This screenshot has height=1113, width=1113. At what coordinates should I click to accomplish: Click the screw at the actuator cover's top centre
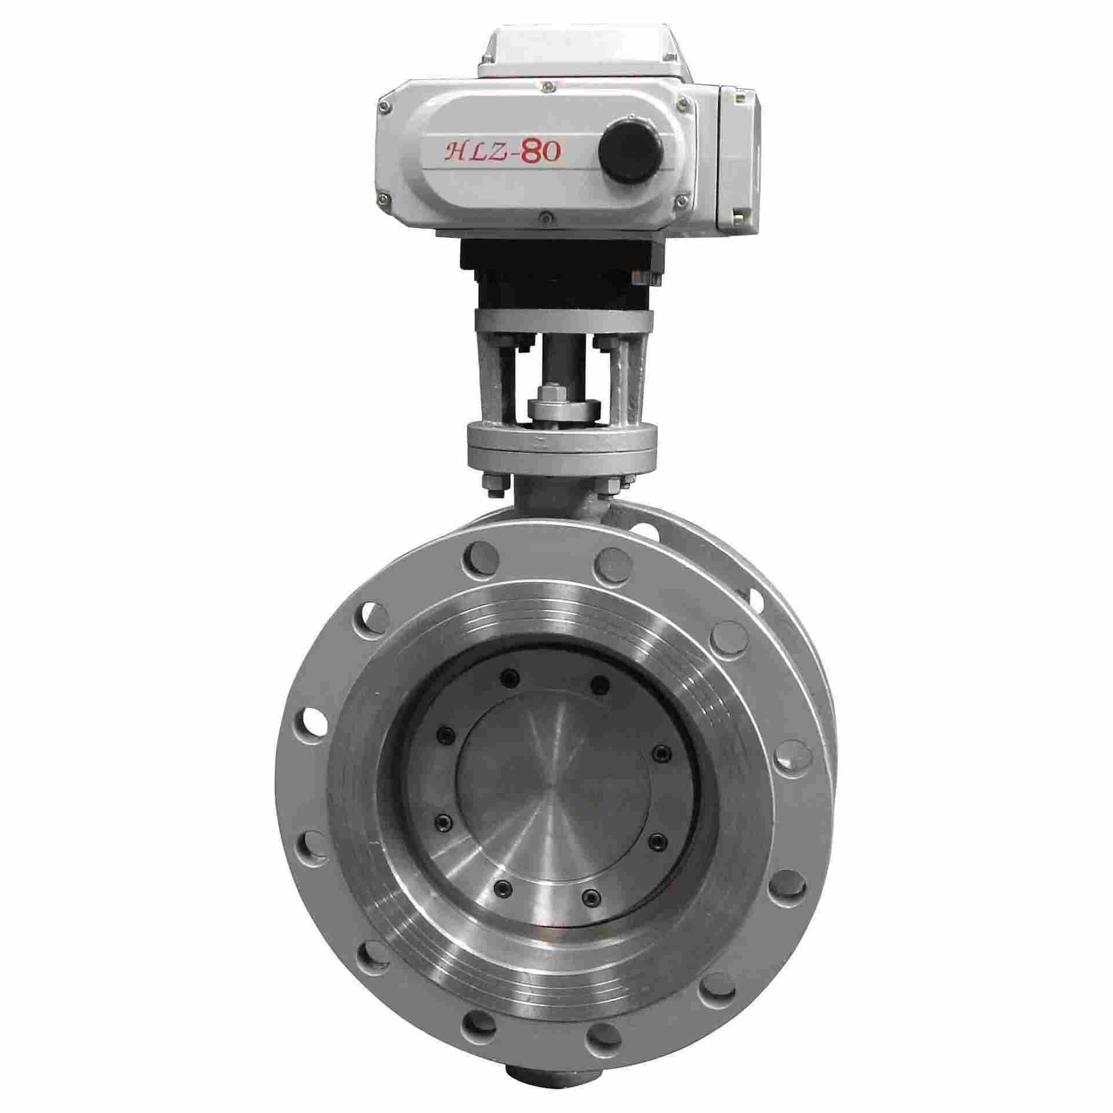(x=545, y=86)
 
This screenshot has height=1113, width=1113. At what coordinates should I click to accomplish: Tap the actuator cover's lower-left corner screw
(x=382, y=202)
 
